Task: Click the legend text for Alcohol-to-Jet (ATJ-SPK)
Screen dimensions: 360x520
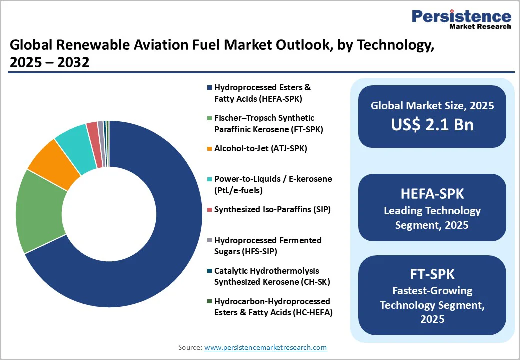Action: coord(260,148)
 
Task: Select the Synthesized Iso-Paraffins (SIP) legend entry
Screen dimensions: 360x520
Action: coord(272,209)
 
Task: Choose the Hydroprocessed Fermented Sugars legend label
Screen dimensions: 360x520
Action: coord(267,245)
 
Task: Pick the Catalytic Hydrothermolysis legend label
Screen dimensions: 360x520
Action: coord(272,276)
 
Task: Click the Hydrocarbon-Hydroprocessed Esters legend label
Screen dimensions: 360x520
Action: coord(273,306)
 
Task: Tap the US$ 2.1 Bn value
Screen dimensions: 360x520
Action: coord(432,124)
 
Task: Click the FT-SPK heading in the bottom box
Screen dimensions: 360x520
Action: coord(432,274)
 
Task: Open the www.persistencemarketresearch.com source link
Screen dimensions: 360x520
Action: coord(265,347)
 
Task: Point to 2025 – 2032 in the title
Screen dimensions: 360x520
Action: coord(49,62)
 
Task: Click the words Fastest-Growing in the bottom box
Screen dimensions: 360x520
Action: coord(432,290)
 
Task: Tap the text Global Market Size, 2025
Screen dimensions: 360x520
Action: coord(432,105)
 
